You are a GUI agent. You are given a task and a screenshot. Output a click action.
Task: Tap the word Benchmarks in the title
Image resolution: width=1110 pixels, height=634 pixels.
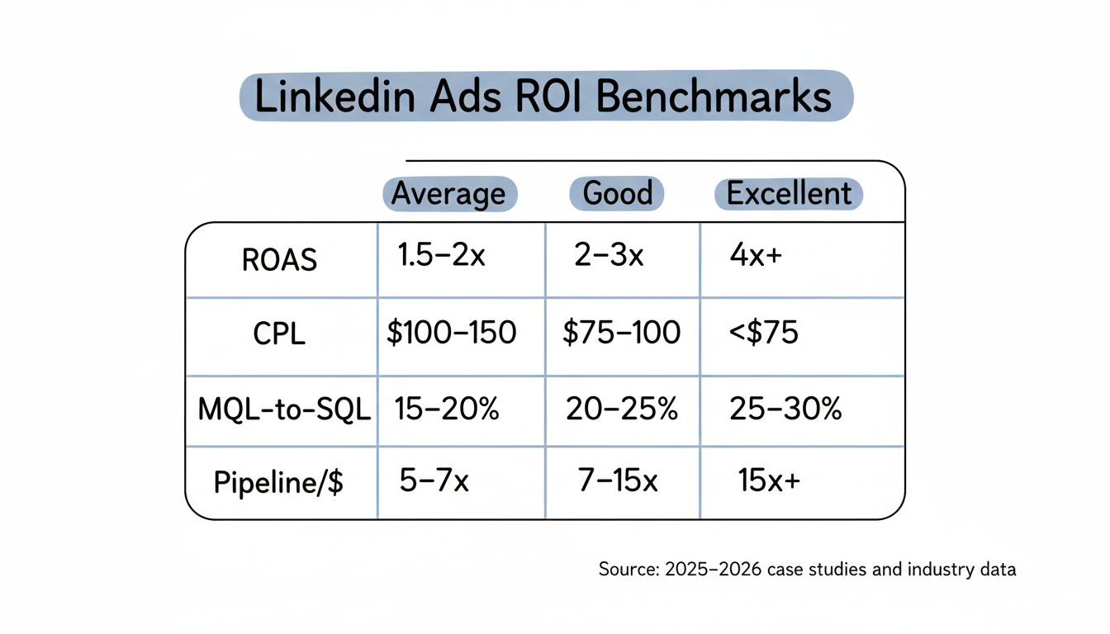(713, 97)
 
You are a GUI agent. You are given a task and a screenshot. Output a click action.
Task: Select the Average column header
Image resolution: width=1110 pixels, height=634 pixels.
(448, 194)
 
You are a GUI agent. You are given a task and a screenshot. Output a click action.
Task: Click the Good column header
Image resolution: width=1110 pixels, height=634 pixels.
(617, 193)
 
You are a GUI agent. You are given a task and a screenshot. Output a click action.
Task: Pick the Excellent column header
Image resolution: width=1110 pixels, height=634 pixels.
(788, 194)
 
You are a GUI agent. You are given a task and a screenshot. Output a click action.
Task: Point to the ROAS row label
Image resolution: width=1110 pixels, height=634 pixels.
(279, 260)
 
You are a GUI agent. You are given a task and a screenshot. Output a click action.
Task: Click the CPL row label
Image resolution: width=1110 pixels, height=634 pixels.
(279, 334)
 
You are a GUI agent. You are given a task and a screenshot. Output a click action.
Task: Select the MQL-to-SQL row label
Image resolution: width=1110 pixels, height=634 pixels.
(284, 410)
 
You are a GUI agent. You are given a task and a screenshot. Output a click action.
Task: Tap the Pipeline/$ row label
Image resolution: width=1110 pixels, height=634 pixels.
(278, 482)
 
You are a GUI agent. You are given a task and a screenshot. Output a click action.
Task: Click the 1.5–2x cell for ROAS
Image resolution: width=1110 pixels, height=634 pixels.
(441, 257)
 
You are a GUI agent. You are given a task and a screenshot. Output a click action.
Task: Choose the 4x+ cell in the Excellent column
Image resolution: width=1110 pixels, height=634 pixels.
(755, 257)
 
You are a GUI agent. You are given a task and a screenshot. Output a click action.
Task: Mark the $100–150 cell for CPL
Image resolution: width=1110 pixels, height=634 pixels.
(451, 333)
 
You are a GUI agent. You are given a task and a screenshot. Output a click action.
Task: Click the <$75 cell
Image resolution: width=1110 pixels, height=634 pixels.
(764, 333)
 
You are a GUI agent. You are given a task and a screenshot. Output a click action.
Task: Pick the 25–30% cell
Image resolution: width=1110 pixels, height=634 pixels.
(785, 409)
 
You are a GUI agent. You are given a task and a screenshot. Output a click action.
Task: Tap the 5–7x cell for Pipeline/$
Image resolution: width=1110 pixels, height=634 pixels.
(434, 480)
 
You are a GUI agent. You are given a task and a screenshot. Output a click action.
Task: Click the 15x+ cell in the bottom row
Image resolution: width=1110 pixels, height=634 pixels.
(769, 480)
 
